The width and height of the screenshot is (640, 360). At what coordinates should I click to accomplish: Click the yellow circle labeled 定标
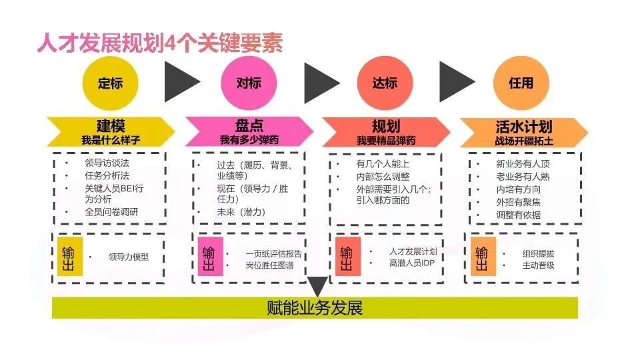(x=110, y=84)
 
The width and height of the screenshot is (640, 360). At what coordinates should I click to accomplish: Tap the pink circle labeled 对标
(x=249, y=84)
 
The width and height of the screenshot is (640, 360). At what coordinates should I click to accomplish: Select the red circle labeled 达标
(x=385, y=84)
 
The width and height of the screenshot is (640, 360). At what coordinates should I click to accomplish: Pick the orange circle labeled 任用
(x=521, y=84)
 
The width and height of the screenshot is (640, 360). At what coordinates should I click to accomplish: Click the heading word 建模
(x=111, y=126)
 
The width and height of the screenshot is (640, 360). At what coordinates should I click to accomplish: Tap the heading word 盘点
(x=249, y=126)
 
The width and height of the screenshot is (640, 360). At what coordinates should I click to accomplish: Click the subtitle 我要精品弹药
(x=385, y=140)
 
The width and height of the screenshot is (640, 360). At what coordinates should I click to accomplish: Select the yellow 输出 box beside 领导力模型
(x=69, y=256)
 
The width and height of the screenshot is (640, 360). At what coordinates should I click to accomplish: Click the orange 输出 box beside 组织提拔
(x=482, y=256)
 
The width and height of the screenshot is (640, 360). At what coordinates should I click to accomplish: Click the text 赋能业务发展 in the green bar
(x=315, y=308)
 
